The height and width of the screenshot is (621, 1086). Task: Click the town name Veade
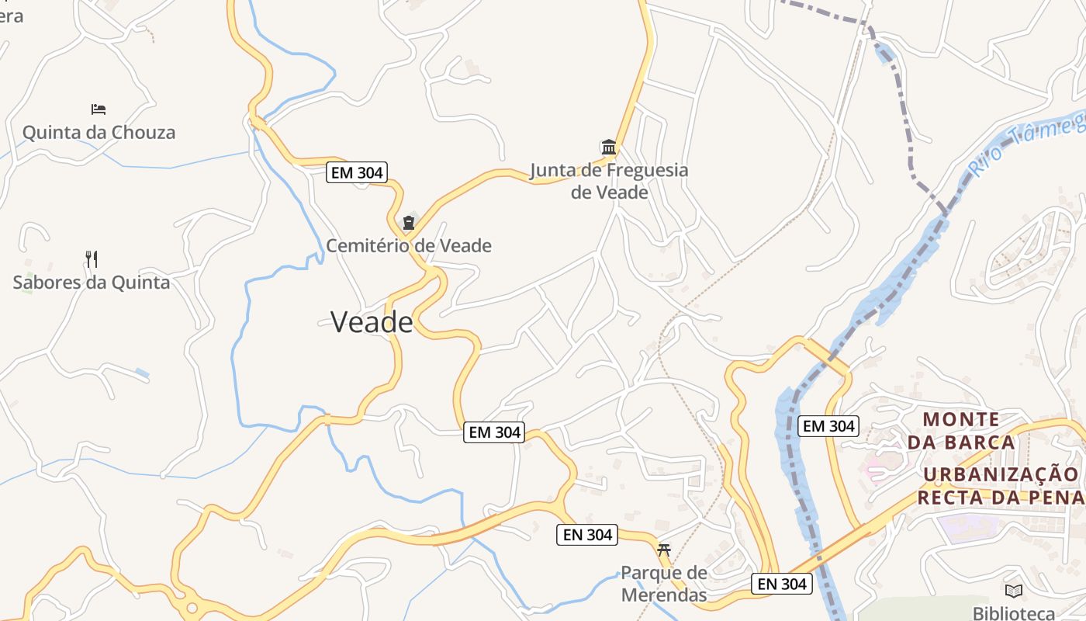[x=372, y=322]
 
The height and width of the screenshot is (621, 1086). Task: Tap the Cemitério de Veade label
[x=408, y=246]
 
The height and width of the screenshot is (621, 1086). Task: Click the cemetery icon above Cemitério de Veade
[x=408, y=223]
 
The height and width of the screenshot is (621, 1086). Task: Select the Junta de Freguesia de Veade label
[x=609, y=181]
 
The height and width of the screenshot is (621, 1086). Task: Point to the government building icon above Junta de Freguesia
[x=609, y=147]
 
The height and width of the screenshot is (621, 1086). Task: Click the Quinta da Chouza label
[x=99, y=132]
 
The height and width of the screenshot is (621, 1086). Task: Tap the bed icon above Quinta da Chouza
[x=99, y=109]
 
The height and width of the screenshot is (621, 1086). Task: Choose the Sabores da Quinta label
[x=91, y=282]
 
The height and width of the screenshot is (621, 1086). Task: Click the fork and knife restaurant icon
[x=91, y=258]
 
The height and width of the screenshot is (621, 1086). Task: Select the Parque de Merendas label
[x=663, y=584]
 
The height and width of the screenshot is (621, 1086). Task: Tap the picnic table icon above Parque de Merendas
[x=663, y=550]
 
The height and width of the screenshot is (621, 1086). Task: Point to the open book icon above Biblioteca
[x=1014, y=591]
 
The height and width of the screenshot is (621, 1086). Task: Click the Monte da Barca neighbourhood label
[x=961, y=431]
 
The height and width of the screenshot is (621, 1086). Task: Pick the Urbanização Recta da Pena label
[x=1001, y=485]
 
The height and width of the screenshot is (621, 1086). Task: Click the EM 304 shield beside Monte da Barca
[x=828, y=426]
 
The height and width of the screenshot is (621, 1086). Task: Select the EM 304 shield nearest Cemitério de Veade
[x=357, y=172]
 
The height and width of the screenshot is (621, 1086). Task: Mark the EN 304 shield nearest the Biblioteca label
[x=782, y=584]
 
